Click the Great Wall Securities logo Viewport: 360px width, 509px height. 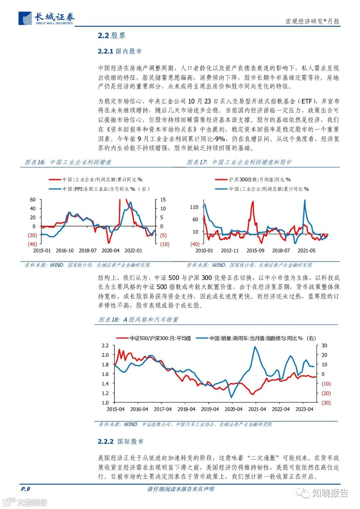point(47,18)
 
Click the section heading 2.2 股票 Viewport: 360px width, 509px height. point(111,36)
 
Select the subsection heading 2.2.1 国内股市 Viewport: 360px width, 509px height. point(120,51)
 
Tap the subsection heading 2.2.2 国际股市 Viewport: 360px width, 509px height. point(120,441)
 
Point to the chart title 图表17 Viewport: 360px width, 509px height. point(239,162)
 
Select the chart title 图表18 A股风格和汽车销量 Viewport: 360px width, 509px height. point(138,320)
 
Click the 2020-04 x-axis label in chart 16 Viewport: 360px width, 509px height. point(110,251)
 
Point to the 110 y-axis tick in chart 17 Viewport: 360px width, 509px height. point(194,207)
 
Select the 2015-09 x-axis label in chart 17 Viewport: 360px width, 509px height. point(255,251)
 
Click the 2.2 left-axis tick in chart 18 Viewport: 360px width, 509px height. point(105,345)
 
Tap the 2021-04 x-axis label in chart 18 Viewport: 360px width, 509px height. point(257,409)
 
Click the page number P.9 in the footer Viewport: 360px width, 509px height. point(25,489)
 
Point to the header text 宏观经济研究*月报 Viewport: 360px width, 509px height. point(312,22)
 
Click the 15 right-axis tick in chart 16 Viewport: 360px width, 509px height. point(163,200)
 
